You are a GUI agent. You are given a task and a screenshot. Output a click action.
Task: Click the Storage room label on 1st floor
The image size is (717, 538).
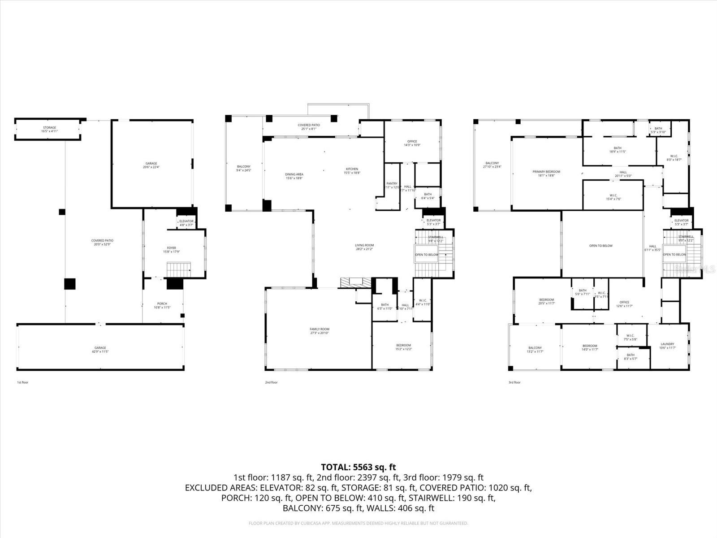49,130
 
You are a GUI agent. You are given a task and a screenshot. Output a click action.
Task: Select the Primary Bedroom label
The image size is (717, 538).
546,174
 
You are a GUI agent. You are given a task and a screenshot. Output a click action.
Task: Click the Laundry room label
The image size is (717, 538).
667,346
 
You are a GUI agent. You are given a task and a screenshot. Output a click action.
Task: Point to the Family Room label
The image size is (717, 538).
320,331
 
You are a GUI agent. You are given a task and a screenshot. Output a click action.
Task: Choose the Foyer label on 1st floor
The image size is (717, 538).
172,249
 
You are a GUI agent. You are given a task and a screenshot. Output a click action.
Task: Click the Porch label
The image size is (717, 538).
162,305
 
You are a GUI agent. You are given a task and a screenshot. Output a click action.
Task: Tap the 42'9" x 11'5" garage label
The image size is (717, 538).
100,349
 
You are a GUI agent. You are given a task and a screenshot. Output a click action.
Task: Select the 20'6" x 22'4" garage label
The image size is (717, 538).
151,165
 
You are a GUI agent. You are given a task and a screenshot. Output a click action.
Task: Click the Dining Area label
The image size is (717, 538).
294,176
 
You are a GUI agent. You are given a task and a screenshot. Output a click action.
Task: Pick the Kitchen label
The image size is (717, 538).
352,171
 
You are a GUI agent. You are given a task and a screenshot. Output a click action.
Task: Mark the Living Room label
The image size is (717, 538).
364,247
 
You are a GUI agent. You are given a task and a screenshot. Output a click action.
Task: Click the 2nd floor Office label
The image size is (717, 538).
412,143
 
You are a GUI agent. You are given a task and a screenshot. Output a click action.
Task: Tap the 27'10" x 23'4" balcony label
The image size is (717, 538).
492,165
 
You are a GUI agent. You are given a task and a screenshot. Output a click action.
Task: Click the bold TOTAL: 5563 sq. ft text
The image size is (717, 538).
358,468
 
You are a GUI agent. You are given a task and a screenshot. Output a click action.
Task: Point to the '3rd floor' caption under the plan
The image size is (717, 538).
514,382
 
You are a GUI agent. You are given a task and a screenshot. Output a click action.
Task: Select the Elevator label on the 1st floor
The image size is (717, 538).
186,222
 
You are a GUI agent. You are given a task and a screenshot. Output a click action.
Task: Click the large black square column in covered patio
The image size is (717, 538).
69,284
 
